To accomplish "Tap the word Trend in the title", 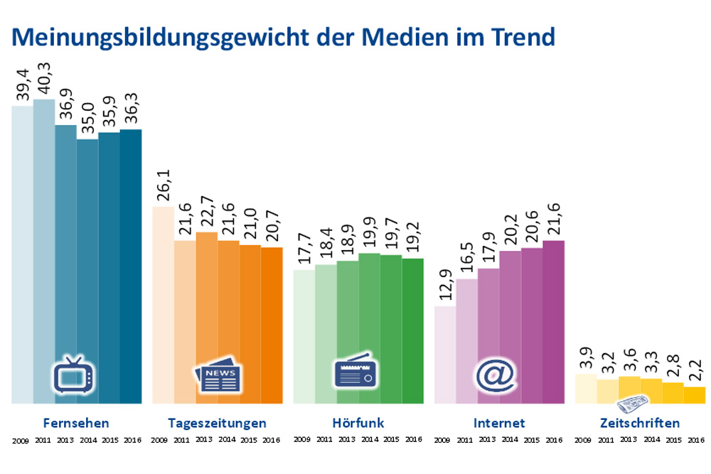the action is pos(518,36).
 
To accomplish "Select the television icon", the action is pos(75,376).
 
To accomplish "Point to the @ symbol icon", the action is pos(497,375).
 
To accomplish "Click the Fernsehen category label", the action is pos(76,423).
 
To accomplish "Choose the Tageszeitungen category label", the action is pos(217,423).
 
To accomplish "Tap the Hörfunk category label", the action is pos(358,423).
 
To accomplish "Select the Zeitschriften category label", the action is pos(639,423).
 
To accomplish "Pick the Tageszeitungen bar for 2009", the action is pos(163,306).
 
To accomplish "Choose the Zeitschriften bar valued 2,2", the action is pos(694,395).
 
